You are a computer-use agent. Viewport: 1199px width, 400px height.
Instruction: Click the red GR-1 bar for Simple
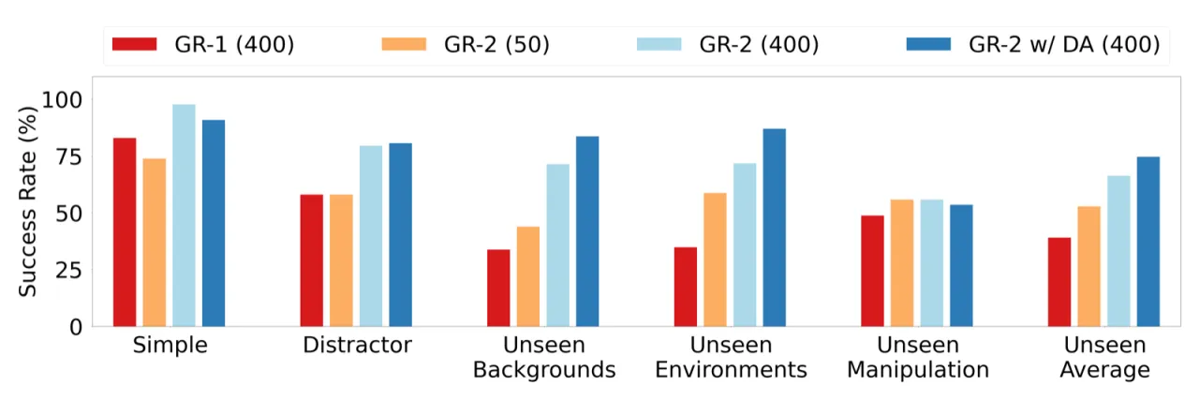125,232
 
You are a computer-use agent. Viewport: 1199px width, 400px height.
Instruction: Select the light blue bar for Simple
184,215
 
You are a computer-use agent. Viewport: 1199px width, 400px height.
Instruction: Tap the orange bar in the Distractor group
341,260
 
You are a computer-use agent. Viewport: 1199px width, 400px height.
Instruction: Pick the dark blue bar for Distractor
400,234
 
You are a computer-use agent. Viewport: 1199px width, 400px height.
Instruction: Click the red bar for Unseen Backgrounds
498,288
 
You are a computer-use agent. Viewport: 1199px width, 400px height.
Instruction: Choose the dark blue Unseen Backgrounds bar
587,231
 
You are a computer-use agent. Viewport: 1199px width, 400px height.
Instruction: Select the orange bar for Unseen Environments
715,259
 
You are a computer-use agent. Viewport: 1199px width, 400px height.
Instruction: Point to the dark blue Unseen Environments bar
774,228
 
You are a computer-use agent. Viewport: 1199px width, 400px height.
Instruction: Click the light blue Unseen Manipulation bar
931,263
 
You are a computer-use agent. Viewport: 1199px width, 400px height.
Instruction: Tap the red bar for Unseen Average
1059,282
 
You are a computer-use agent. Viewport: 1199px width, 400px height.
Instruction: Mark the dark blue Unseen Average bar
1148,242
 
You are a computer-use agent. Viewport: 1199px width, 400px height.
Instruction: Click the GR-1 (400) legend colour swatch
134,44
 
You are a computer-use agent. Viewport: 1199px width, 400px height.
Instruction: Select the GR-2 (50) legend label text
496,44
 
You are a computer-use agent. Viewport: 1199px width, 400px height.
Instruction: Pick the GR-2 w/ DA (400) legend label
1064,44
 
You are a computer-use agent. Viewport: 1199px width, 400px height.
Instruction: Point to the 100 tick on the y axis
62,99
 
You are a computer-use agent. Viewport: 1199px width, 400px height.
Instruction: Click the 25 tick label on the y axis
69,271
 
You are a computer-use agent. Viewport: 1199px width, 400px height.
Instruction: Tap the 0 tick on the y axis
76,327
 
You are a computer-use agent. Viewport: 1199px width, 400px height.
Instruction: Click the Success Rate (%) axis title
27,201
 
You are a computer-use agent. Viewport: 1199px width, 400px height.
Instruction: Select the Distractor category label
357,345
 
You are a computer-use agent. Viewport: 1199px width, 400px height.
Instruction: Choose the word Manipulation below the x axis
917,369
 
